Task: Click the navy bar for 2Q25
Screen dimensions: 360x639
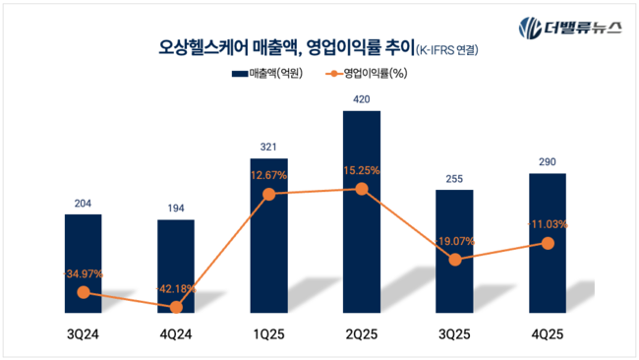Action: click(361, 212)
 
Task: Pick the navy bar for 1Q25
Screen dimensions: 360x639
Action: click(268, 236)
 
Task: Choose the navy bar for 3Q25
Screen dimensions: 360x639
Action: click(453, 252)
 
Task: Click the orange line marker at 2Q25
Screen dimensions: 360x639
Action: click(361, 189)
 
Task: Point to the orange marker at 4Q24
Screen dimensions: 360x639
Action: click(176, 307)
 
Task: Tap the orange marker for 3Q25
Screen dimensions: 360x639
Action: click(453, 260)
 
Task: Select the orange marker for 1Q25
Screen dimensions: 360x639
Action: click(268, 195)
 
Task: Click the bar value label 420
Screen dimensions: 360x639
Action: click(361, 99)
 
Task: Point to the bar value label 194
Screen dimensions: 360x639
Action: click(176, 209)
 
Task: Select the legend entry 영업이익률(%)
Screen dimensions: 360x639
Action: click(372, 73)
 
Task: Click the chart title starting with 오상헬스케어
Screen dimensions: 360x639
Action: click(285, 47)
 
